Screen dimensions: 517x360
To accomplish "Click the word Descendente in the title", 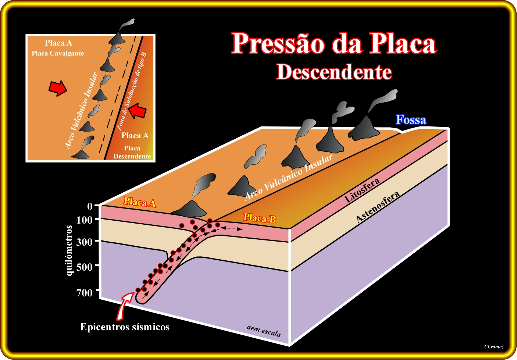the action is click(334, 72).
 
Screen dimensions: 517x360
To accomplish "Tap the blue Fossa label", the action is click(411, 120).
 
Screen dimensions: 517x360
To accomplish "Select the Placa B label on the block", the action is click(260, 218).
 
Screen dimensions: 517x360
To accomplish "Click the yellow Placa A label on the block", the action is click(140, 202).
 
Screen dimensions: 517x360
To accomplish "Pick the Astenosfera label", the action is click(378, 207).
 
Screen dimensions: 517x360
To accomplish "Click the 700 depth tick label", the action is click(84, 293).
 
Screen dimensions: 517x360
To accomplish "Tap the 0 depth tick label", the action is click(90, 206).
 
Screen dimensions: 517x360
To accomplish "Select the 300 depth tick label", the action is click(84, 242).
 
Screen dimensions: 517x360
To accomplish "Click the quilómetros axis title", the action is click(69, 250).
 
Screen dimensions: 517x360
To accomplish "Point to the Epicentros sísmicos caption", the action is click(125, 327).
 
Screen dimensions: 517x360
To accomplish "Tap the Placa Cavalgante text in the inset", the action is click(58, 53).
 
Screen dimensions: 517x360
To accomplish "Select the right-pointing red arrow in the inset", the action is click(58, 88).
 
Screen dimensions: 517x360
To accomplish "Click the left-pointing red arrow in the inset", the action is click(138, 111).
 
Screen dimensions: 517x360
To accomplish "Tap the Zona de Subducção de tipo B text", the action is click(131, 92).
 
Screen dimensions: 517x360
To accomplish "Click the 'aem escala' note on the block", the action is click(264, 331).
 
